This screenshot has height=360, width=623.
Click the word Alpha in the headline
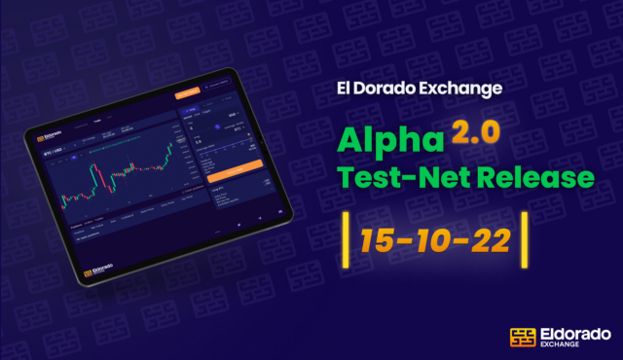(x=387, y=139)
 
